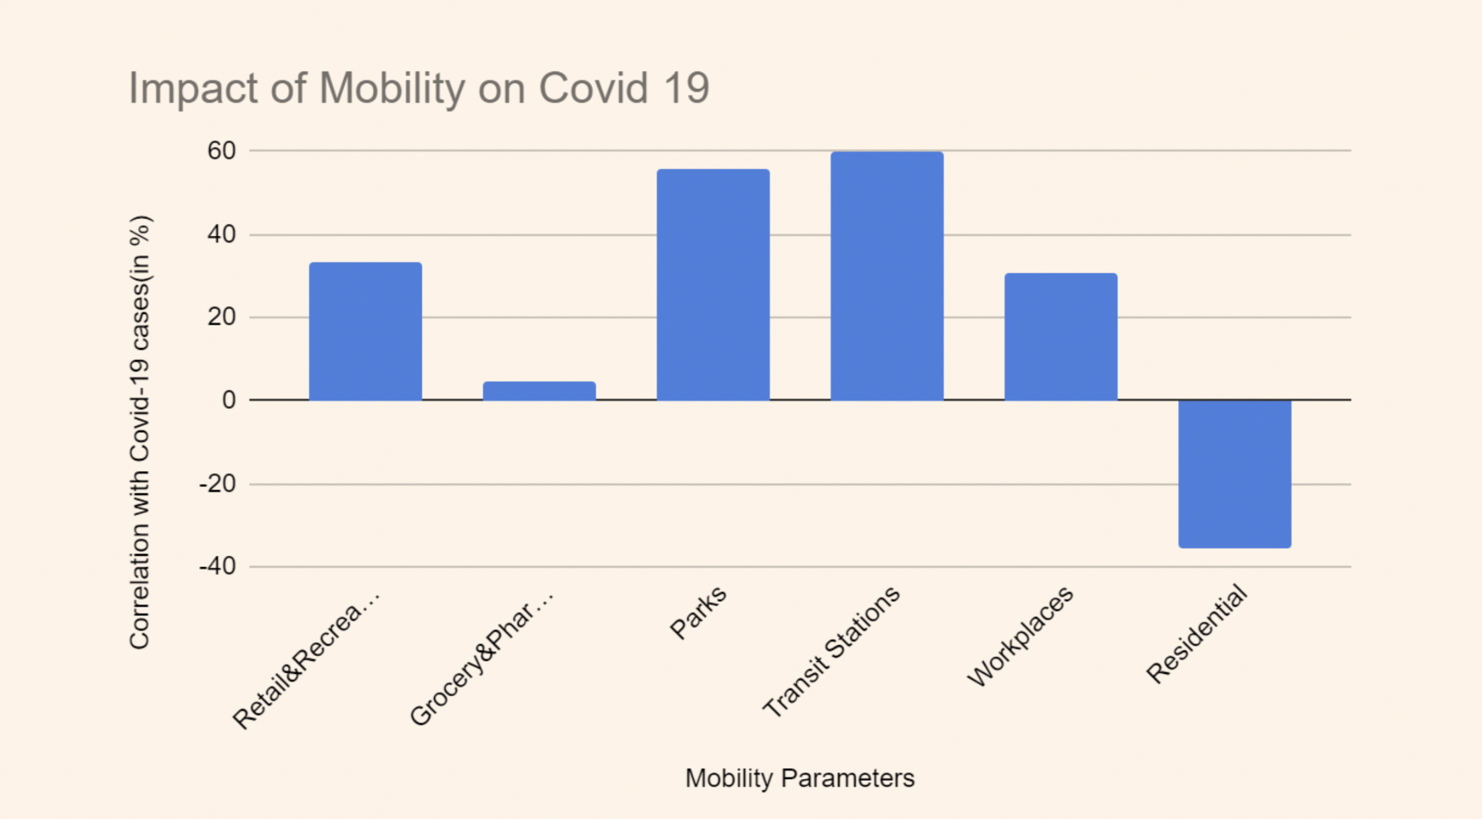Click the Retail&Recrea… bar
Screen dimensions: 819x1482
(x=365, y=331)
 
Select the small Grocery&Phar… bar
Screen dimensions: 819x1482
(x=539, y=391)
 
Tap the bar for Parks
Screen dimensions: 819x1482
(x=713, y=285)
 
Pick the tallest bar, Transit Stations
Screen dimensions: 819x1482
(x=887, y=276)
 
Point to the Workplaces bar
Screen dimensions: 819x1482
(x=1060, y=337)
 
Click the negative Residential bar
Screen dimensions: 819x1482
(x=1234, y=474)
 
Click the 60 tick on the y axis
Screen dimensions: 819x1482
(x=222, y=151)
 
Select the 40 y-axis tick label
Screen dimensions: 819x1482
(x=222, y=234)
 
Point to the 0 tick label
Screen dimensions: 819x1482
(x=229, y=400)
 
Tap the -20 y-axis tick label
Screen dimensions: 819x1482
(x=218, y=484)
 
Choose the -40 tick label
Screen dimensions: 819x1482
(x=218, y=566)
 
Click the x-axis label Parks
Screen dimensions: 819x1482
(x=698, y=613)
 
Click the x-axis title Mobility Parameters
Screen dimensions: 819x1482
(x=800, y=778)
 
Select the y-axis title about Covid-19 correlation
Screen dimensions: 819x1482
(x=140, y=432)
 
